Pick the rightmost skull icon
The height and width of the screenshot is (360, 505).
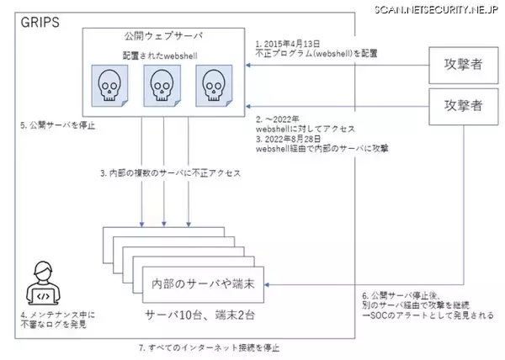click(x=212, y=87)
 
